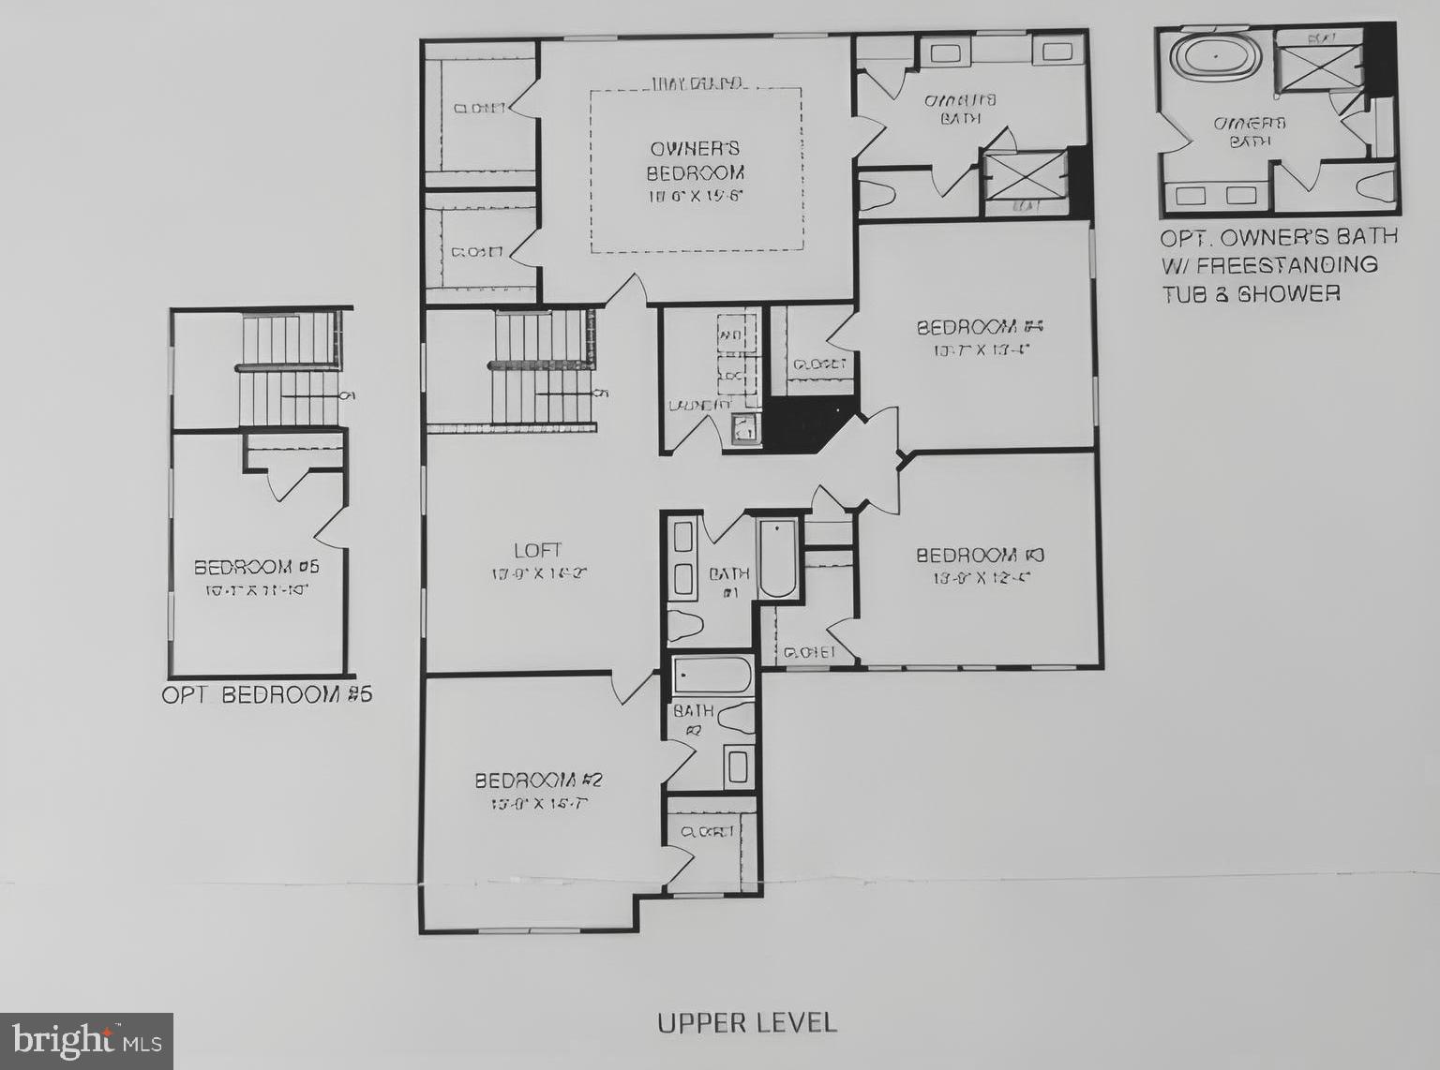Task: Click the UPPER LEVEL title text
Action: [x=746, y=1022]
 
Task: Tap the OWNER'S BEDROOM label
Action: [x=695, y=160]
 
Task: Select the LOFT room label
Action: [x=538, y=550]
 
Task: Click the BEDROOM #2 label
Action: [x=538, y=780]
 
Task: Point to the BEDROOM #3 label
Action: [x=980, y=556]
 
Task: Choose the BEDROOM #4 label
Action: [x=980, y=327]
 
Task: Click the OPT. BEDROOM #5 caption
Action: [x=267, y=695]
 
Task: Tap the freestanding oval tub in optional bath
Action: [x=1216, y=57]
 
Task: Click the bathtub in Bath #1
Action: [x=777, y=559]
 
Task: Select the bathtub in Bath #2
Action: [x=712, y=674]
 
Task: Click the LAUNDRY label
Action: [x=698, y=406]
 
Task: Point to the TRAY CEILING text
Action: [x=697, y=84]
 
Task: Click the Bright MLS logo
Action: [x=86, y=1041]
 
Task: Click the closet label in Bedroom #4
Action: [x=818, y=364]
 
